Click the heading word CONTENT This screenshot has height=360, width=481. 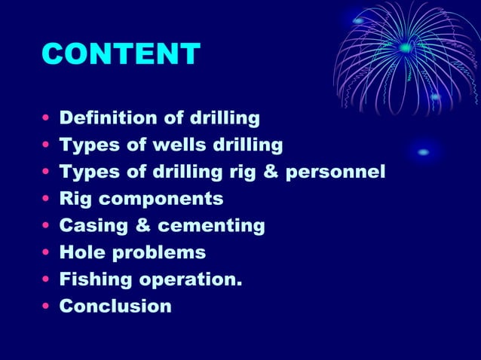(121, 53)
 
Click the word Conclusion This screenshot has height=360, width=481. (115, 307)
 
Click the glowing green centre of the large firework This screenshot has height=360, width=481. (406, 47)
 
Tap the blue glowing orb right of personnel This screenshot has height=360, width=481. (424, 152)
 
